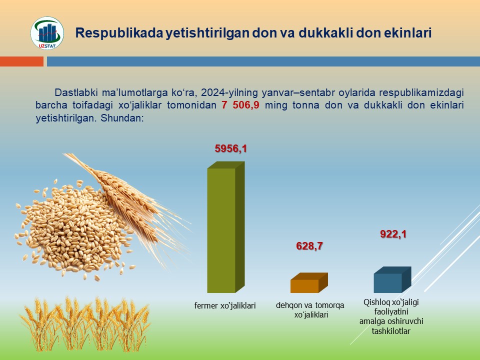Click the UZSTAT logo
(x=47, y=33)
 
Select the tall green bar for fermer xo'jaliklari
(x=226, y=227)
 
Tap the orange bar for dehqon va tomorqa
(x=309, y=283)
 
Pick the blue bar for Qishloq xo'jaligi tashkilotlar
(x=392, y=280)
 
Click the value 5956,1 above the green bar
(x=231, y=148)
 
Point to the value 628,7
(x=309, y=246)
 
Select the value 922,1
(x=393, y=234)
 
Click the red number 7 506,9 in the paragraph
(x=240, y=105)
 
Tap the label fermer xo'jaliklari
(x=225, y=305)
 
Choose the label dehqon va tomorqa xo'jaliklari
(x=310, y=310)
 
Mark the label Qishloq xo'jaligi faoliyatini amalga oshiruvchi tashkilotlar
(x=391, y=316)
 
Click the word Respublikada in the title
(x=119, y=33)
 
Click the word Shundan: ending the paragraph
(x=122, y=118)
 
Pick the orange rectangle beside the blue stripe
(x=21, y=61)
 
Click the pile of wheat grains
(x=73, y=229)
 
